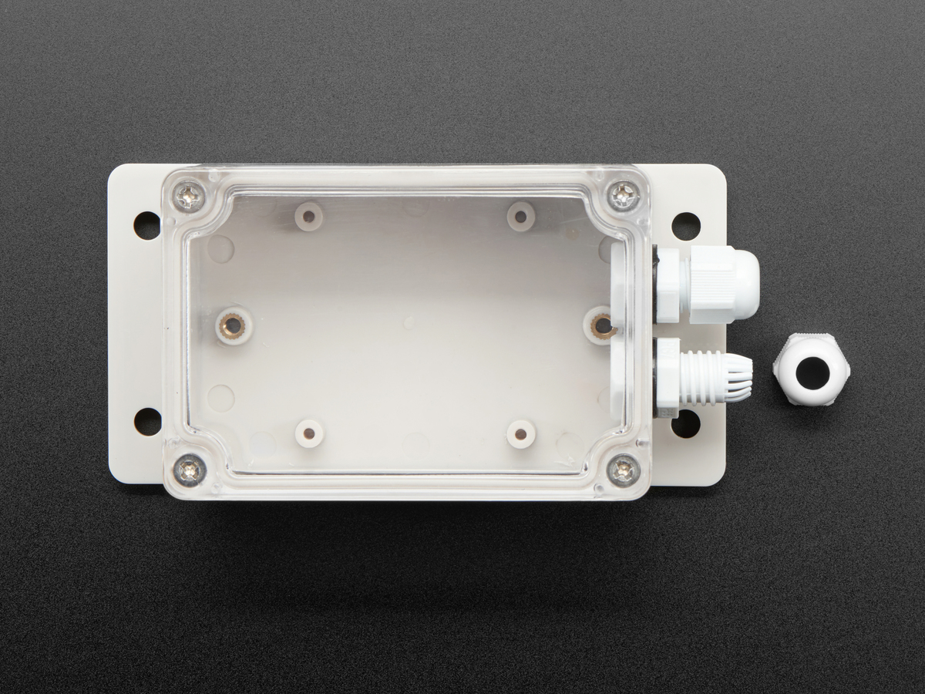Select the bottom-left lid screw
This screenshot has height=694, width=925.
point(190,468)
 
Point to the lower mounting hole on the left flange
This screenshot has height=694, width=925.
point(147,421)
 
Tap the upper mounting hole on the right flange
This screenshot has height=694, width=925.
point(685,225)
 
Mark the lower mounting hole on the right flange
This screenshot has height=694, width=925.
point(684,423)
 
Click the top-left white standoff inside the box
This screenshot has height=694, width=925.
point(309,215)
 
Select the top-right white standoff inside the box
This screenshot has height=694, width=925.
point(521,215)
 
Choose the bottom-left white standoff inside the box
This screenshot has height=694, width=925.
point(309,433)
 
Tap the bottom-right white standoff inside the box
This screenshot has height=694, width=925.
point(521,434)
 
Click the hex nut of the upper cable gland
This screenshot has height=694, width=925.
point(669,285)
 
